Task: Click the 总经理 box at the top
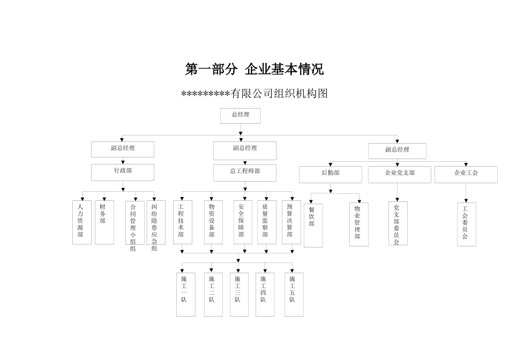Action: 240,116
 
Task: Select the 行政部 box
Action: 123,172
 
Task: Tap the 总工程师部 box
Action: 245,172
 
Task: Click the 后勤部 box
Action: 330,174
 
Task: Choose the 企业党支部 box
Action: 399,174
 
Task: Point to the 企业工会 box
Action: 466,174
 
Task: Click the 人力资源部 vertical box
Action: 81,222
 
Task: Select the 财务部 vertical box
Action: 104,222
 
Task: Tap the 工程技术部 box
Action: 182,222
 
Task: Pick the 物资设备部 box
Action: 213,222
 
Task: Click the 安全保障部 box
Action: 243,222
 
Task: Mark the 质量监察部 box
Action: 266,222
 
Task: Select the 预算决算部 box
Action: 291,222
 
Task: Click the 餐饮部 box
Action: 313,225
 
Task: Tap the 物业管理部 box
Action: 358,224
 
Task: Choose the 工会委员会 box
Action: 466,224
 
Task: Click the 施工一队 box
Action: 185,295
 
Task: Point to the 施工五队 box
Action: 294,295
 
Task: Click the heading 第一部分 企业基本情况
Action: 254,70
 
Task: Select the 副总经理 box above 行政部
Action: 123,149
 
